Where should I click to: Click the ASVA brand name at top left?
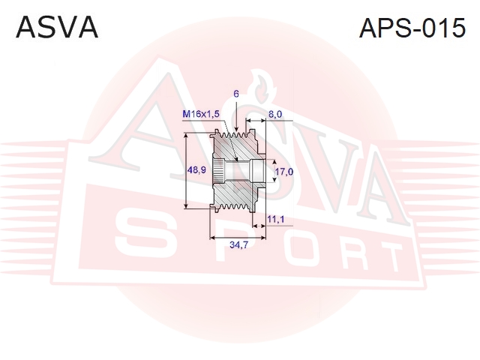tap(57, 28)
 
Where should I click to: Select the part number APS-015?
tap(412, 28)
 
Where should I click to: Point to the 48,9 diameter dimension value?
tap(196, 170)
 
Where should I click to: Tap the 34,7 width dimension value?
tap(238, 244)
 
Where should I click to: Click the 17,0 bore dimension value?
tap(283, 172)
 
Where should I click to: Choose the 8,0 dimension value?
tap(275, 114)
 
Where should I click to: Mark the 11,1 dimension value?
tap(276, 219)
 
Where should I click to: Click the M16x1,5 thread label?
tap(201, 114)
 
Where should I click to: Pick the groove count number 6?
tap(236, 94)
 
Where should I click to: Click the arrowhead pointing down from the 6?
tap(236, 130)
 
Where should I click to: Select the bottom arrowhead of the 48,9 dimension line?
tap(186, 205)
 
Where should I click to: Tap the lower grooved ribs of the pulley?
tap(235, 208)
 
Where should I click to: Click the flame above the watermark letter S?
tap(261, 87)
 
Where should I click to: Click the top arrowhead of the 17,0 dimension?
tap(274, 163)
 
